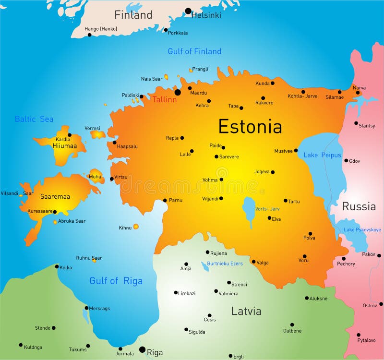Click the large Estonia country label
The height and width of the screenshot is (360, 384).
click(250, 126)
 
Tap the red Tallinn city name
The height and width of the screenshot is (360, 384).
click(164, 100)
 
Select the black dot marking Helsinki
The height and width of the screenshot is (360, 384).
click(188, 11)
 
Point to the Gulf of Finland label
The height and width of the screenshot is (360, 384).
click(194, 51)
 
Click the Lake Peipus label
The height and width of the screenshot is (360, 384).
click(322, 155)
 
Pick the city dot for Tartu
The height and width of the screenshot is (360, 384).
click(286, 201)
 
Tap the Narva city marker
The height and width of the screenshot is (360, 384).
click(358, 93)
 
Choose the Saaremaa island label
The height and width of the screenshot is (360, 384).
click(54, 197)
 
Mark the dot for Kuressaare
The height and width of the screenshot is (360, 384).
click(55, 212)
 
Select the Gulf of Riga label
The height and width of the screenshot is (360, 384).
click(116, 281)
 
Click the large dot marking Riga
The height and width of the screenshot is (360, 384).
click(142, 350)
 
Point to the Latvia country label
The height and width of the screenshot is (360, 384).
click(246, 311)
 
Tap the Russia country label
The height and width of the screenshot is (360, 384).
click(359, 206)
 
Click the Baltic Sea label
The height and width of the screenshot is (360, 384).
click(34, 119)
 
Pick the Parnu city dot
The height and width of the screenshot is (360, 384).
click(165, 200)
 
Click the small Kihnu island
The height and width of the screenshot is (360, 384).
click(136, 226)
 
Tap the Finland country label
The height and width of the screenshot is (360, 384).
click(133, 15)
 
